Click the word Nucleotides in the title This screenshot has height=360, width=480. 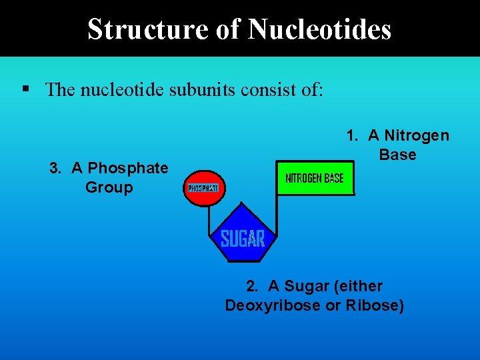point(319,29)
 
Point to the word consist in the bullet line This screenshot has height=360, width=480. point(267,89)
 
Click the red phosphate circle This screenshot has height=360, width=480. point(203,188)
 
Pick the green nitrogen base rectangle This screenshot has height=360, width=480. point(315,178)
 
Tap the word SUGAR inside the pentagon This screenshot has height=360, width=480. point(243,239)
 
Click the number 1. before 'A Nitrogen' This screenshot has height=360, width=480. point(353,136)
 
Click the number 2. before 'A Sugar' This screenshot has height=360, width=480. point(253,287)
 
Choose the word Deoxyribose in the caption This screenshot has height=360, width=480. point(266,306)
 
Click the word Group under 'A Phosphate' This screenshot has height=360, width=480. point(109,187)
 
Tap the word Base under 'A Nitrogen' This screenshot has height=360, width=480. point(398,155)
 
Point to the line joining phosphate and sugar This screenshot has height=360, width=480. point(209,217)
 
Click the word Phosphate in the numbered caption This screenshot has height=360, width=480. point(128,168)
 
